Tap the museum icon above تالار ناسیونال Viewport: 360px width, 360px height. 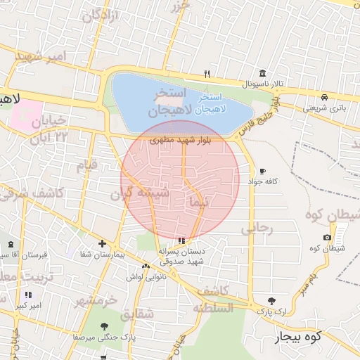click(x=262, y=74)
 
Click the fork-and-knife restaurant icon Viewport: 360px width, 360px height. click(x=207, y=73)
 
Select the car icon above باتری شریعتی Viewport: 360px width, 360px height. click(x=324, y=97)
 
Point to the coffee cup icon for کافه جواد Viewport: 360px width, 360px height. click(x=262, y=171)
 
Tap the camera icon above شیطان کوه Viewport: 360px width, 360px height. click(x=327, y=238)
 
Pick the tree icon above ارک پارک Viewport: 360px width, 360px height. click(x=271, y=300)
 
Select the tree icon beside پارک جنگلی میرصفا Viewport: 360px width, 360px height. click(x=104, y=326)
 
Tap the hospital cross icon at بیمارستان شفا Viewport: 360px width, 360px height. click(x=102, y=243)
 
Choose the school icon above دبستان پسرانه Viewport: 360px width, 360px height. click(x=183, y=240)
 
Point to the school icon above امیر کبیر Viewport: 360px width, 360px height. click(x=28, y=295)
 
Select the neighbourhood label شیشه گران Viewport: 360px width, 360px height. click(x=141, y=193)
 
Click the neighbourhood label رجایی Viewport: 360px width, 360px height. click(x=255, y=229)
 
